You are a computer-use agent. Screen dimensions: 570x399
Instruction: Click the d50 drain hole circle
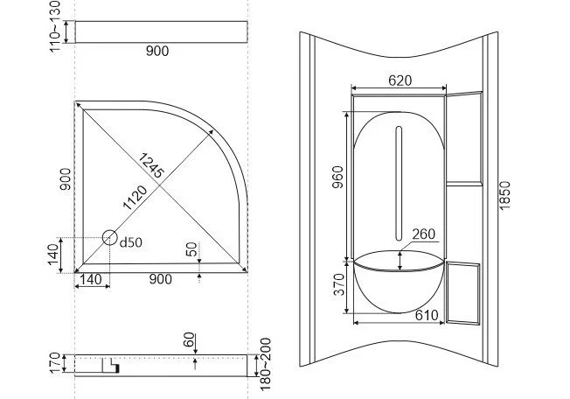110,237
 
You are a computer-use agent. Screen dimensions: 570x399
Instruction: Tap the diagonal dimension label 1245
151,165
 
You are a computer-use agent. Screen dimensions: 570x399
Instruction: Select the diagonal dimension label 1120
136,198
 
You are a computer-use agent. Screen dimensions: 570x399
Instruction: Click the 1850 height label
504,195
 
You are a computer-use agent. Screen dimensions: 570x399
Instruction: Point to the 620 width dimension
400,80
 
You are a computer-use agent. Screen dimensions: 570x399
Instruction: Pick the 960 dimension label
337,177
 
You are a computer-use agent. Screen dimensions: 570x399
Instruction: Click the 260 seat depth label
423,234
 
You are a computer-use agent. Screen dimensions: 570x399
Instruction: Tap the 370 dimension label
339,284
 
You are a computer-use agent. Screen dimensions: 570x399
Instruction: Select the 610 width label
427,315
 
